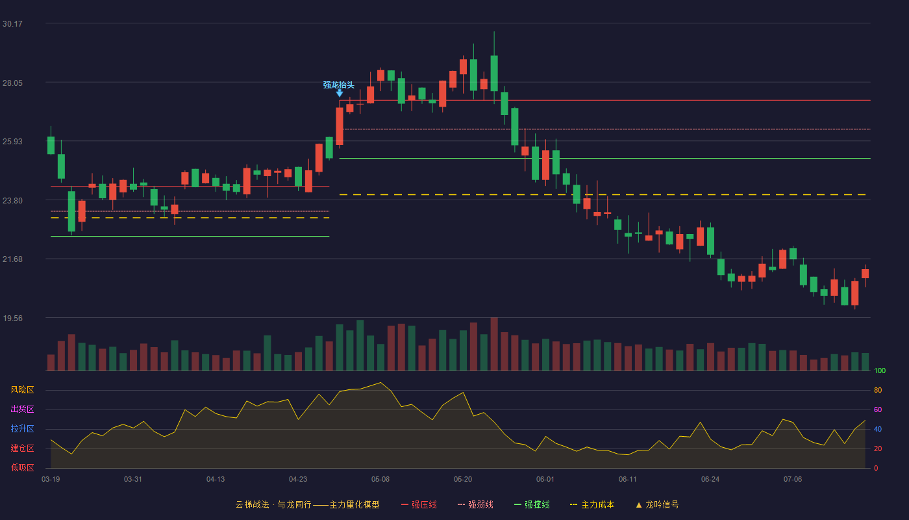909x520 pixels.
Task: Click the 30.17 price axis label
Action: [x=12, y=24]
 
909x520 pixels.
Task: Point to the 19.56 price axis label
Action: [x=12, y=318]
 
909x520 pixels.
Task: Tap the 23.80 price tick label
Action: [x=12, y=201]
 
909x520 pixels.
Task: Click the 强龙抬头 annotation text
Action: [x=339, y=85]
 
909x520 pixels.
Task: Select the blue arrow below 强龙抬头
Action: [x=340, y=94]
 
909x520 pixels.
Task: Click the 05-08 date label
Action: [x=380, y=480]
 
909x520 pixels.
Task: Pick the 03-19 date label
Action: [x=51, y=480]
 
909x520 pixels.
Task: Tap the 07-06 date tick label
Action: [x=793, y=480]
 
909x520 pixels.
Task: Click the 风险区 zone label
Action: [x=22, y=390]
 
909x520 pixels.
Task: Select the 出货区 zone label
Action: [x=22, y=409]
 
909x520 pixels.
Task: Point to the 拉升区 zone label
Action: [x=22, y=428]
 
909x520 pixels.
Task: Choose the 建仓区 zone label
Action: [x=22, y=448]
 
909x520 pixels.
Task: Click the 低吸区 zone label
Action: [x=22, y=467]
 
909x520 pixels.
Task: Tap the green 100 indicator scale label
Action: [x=880, y=370]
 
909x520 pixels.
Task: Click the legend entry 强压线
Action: [x=419, y=504]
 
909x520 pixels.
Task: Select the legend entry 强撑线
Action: [x=532, y=504]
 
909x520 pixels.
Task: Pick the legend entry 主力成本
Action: [x=592, y=504]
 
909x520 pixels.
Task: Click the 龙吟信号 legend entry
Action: [x=657, y=504]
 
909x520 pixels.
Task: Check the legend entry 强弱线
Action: [x=475, y=504]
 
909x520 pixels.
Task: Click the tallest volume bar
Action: [x=494, y=344]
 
